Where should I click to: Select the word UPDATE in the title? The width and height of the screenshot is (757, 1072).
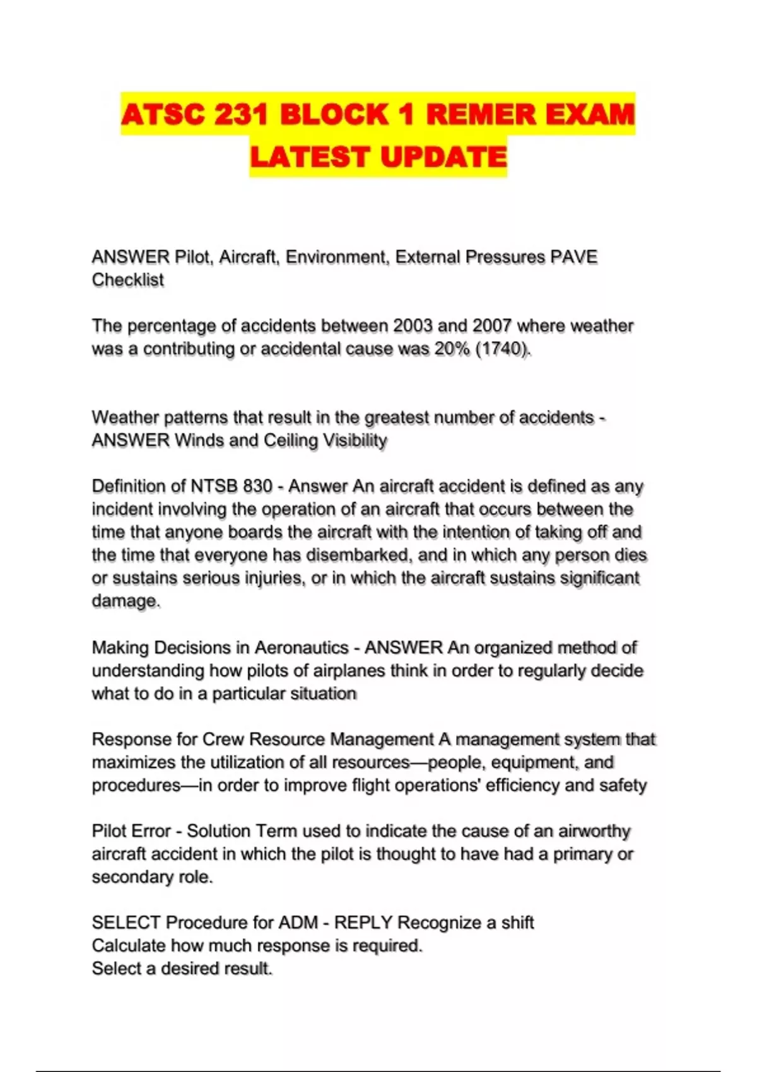443,157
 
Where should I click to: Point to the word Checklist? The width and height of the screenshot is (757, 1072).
128,280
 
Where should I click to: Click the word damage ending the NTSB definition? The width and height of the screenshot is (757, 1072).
125,601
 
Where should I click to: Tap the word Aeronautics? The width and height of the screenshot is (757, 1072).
302,648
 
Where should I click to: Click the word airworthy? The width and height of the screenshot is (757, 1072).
594,831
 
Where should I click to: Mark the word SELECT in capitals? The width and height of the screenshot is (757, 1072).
126,923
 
